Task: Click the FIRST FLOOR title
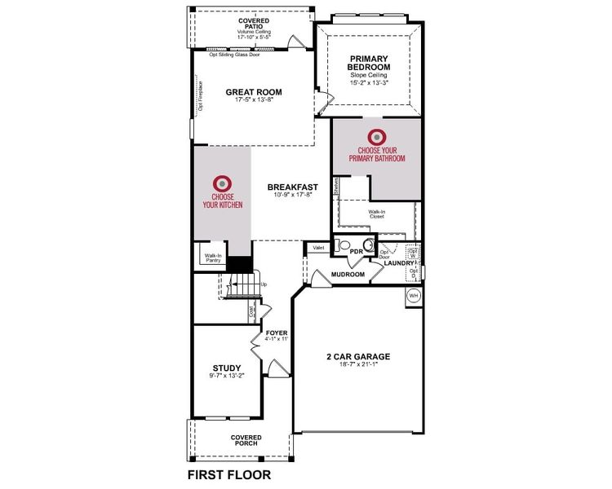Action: pyautogui.click(x=228, y=474)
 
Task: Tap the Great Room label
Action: pyautogui.click(x=254, y=92)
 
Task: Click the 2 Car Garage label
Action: pyautogui.click(x=358, y=356)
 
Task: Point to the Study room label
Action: pyautogui.click(x=227, y=368)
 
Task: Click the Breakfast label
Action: pyautogui.click(x=290, y=187)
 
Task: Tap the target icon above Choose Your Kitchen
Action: pyautogui.click(x=222, y=183)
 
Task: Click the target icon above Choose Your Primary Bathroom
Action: pyautogui.click(x=376, y=136)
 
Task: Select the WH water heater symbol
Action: pyautogui.click(x=413, y=296)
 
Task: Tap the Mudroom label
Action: pyautogui.click(x=348, y=275)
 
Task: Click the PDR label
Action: pyautogui.click(x=356, y=252)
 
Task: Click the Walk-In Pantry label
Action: pyautogui.click(x=213, y=258)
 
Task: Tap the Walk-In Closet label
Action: pyautogui.click(x=376, y=214)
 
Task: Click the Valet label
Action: pyautogui.click(x=317, y=247)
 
